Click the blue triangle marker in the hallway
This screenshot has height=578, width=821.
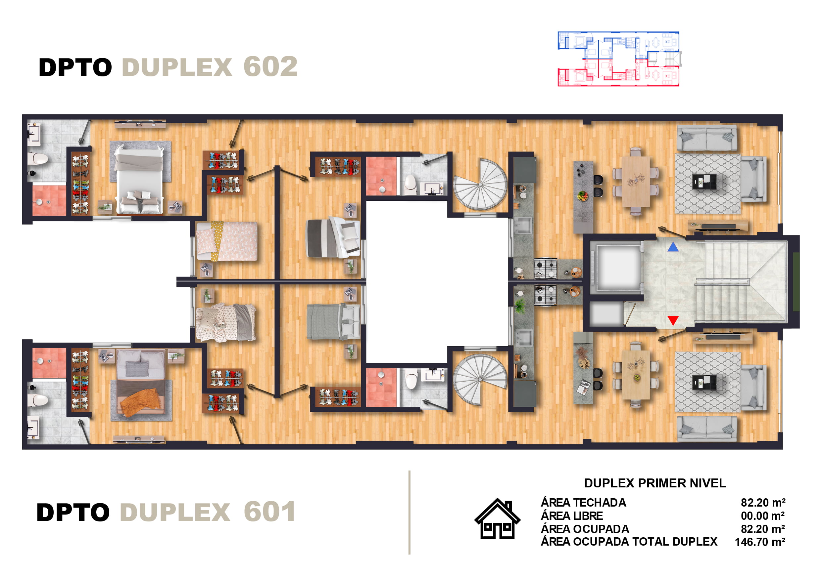point(673,247)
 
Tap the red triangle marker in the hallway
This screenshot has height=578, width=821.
point(673,320)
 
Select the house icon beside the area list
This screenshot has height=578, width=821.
point(497,519)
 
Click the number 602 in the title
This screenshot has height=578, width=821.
point(270,67)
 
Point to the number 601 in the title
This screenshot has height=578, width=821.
point(269,512)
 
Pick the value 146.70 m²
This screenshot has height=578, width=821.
point(760,542)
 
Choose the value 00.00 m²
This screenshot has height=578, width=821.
point(763,516)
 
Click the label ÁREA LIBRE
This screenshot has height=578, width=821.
point(572,516)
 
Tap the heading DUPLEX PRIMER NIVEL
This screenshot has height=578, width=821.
point(655,483)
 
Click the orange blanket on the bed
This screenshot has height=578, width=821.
point(140,403)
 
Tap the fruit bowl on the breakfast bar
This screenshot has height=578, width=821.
point(583,196)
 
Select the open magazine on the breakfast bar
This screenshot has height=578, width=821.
point(583,387)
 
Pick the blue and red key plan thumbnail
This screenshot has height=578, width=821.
point(619,59)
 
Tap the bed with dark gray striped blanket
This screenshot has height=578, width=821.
point(333,237)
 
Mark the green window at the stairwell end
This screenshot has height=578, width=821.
point(796,281)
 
